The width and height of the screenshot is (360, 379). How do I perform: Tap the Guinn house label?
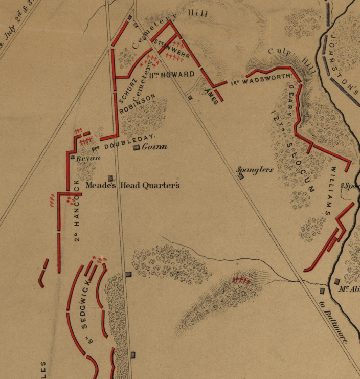[x=154, y=147]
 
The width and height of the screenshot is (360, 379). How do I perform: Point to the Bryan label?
[x=88, y=159]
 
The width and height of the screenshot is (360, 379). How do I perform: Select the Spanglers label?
[x=255, y=170]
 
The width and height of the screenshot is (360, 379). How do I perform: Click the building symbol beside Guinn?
[x=136, y=148]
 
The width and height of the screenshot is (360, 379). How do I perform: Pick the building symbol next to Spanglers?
[x=241, y=177]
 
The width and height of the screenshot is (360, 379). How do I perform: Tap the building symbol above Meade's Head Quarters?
[x=110, y=177]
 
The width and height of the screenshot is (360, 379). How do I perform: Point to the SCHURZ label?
[x=123, y=92]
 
